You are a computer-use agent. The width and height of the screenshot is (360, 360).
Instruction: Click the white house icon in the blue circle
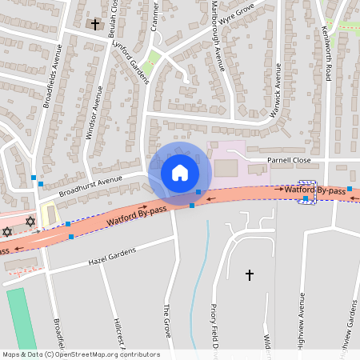pyautogui.click(x=179, y=172)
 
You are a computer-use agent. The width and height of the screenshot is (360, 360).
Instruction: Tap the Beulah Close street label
pyautogui.click(x=116, y=16)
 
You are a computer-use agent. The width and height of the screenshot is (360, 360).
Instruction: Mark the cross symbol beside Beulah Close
pyautogui.click(x=95, y=25)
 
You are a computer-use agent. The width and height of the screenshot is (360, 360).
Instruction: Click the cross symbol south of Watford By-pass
pyautogui.click(x=249, y=275)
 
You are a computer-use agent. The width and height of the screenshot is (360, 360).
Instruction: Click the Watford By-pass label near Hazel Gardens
pyautogui.click(x=137, y=214)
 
